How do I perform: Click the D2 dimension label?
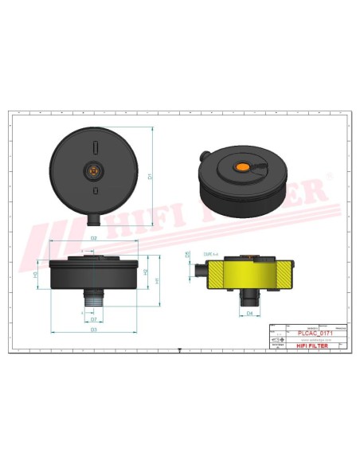[94, 237]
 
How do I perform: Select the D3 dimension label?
[94, 328]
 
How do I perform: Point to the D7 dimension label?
[94, 318]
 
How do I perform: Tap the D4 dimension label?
[249, 314]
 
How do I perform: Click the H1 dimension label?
[158, 280]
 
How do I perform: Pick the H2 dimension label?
[145, 272]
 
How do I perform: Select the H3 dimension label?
[35, 274]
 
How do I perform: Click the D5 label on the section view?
[188, 255]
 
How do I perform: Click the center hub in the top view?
[94, 170]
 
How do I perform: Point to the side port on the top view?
[94, 217]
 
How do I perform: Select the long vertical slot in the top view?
[94, 148]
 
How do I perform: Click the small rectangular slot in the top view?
[94, 191]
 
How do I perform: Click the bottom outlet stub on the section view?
[249, 299]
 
